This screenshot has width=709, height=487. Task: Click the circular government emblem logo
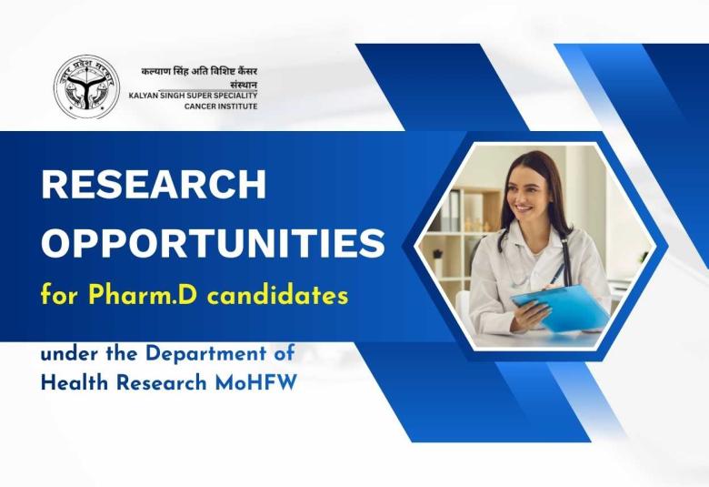[85, 87]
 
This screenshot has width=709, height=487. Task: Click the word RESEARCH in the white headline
[154, 186]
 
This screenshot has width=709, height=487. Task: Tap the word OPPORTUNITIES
[213, 243]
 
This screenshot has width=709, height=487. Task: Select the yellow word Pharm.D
[135, 296]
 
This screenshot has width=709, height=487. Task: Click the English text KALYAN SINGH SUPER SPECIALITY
[193, 96]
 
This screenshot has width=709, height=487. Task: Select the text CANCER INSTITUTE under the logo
[221, 107]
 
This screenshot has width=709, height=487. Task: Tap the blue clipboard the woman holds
[560, 306]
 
